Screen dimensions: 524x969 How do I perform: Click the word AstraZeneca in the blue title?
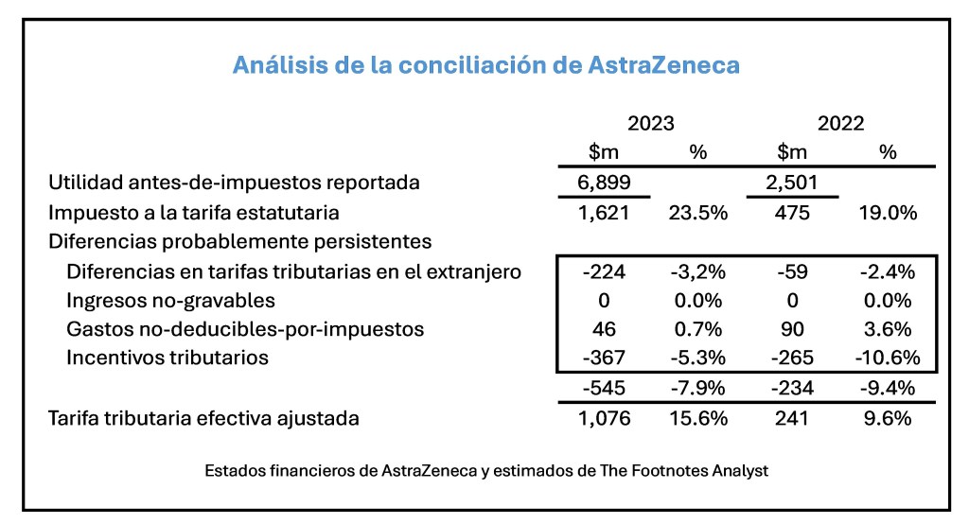point(663,65)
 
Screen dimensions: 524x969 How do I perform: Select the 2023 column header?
point(651,124)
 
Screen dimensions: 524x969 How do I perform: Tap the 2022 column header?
point(840,124)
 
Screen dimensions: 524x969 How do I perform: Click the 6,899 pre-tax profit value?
point(604,183)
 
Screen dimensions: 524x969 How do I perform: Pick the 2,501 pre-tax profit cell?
point(793,183)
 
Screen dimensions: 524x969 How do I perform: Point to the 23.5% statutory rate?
point(698,213)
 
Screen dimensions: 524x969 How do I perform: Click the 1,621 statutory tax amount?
point(604,213)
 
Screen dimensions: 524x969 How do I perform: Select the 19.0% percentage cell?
point(888,213)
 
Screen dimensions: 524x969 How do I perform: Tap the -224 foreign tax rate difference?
point(604,272)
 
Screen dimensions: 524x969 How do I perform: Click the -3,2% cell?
point(698,272)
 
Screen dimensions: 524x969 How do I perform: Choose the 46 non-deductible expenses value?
point(604,329)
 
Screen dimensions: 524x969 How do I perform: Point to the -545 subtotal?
point(604,388)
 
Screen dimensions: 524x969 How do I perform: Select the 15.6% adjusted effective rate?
point(698,417)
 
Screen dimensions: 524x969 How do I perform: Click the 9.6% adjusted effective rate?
point(888,417)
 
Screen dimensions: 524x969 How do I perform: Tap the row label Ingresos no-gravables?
point(171,301)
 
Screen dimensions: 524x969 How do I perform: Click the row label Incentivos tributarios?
point(167,358)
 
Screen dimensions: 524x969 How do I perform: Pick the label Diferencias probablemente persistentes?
point(239,241)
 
